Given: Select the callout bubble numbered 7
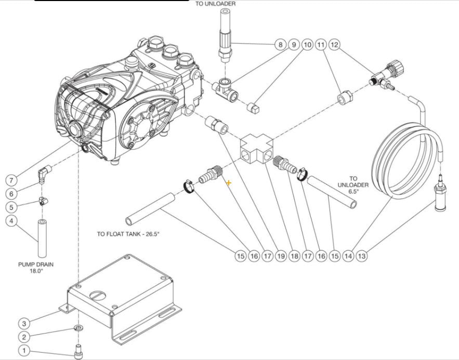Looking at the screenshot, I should pyautogui.click(x=12, y=180).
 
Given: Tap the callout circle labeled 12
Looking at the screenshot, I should pyautogui.click(x=334, y=45).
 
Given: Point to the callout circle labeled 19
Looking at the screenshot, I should pyautogui.click(x=280, y=256).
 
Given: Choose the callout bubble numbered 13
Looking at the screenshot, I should pyautogui.click(x=361, y=256).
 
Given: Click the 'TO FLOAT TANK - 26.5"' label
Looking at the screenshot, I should pyautogui.click(x=128, y=234).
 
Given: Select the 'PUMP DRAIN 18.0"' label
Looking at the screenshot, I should pyautogui.click(x=35, y=267).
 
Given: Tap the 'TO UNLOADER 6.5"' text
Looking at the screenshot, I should pyautogui.click(x=353, y=184).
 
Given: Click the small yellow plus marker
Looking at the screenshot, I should pyautogui.click(x=228, y=182).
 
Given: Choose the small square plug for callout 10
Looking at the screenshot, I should pyautogui.click(x=254, y=108).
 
